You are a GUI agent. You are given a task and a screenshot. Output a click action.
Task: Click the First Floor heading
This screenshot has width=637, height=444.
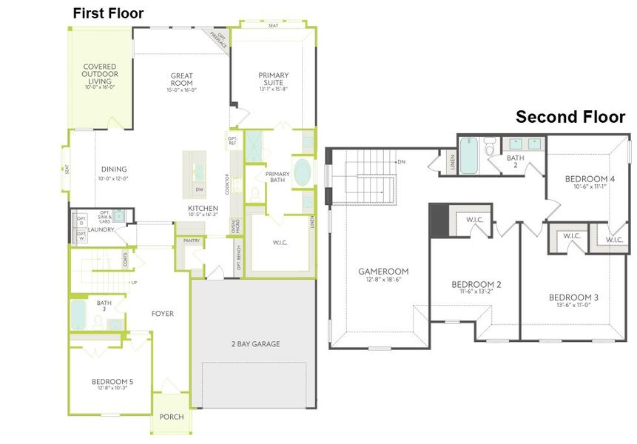point(108,13)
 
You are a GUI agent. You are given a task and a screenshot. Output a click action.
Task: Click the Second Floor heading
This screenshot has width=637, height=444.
point(570,117)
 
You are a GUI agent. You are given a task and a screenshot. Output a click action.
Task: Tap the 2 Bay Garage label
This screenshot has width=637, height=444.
point(255,344)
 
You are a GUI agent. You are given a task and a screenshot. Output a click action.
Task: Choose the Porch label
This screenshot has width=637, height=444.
point(172,417)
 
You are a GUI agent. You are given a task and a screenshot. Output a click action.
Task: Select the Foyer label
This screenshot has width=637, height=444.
point(162,314)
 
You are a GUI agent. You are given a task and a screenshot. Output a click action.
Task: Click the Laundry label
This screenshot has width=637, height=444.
point(99,230)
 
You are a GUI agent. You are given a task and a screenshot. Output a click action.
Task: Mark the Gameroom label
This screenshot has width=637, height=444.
point(382,272)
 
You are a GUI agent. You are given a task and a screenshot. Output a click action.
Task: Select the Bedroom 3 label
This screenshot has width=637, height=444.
point(573,297)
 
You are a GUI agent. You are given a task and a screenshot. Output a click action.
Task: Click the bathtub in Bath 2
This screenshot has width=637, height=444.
point(469,155)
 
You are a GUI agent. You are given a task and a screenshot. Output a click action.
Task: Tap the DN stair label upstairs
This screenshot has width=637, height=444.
point(402,161)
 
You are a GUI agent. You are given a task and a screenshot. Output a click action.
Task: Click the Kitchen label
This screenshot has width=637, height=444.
point(202,208)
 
